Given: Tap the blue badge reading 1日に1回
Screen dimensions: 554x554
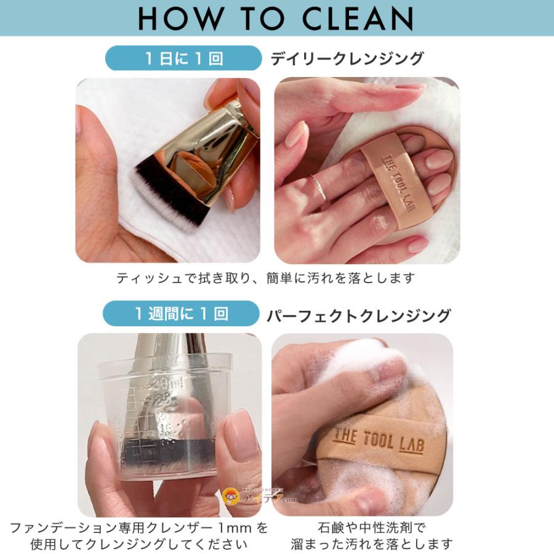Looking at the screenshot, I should click(183, 58).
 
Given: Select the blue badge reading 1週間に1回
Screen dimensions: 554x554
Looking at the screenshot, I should click(181, 313).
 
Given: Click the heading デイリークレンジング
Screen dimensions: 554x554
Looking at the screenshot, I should click(347, 58).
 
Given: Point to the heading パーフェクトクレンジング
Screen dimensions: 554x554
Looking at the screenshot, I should click(359, 316).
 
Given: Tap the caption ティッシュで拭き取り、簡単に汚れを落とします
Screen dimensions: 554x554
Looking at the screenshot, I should click(265, 278).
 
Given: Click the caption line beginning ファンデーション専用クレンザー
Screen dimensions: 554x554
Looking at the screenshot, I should click(139, 528).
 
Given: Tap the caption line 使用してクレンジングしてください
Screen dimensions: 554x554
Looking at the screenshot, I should click(139, 544).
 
